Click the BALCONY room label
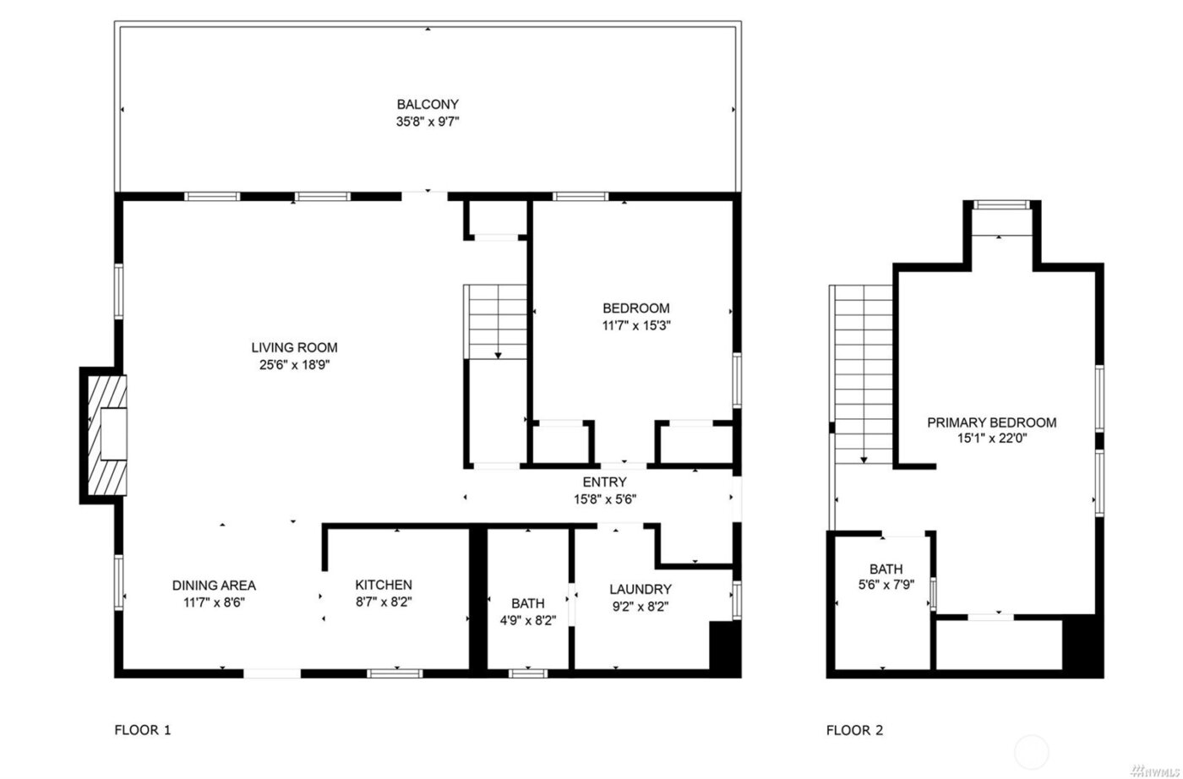(x=428, y=105)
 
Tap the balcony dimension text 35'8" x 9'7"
(x=428, y=122)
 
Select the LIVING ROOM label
(x=294, y=347)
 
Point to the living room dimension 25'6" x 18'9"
(x=294, y=365)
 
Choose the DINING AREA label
(x=214, y=586)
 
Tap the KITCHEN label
(x=384, y=585)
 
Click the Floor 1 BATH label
(x=528, y=603)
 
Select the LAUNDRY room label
(x=640, y=589)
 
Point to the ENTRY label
(x=604, y=482)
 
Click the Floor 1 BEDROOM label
(x=635, y=308)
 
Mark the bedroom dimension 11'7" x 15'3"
(x=635, y=325)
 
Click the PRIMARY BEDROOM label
(x=991, y=422)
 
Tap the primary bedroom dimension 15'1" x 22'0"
(x=991, y=439)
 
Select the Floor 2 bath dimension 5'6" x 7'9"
(x=886, y=586)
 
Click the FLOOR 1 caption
(x=143, y=730)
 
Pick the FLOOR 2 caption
(x=854, y=730)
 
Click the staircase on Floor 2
(x=864, y=372)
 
